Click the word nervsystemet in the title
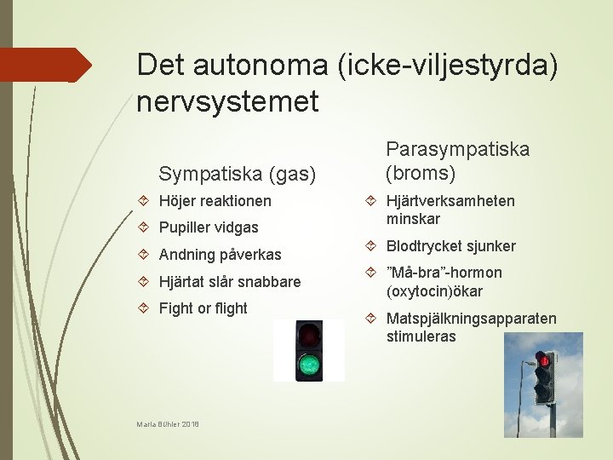point(227,102)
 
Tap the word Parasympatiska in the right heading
point(457,149)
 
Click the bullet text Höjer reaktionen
point(215,201)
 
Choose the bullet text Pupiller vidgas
point(208,227)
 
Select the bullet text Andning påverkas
point(220,255)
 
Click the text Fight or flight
point(203,308)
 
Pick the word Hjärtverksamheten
point(450,200)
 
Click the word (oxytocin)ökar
point(434,291)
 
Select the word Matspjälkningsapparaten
point(471,319)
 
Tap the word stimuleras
point(421,336)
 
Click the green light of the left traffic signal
point(307,366)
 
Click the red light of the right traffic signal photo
point(542,362)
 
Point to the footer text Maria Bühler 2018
point(168,423)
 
